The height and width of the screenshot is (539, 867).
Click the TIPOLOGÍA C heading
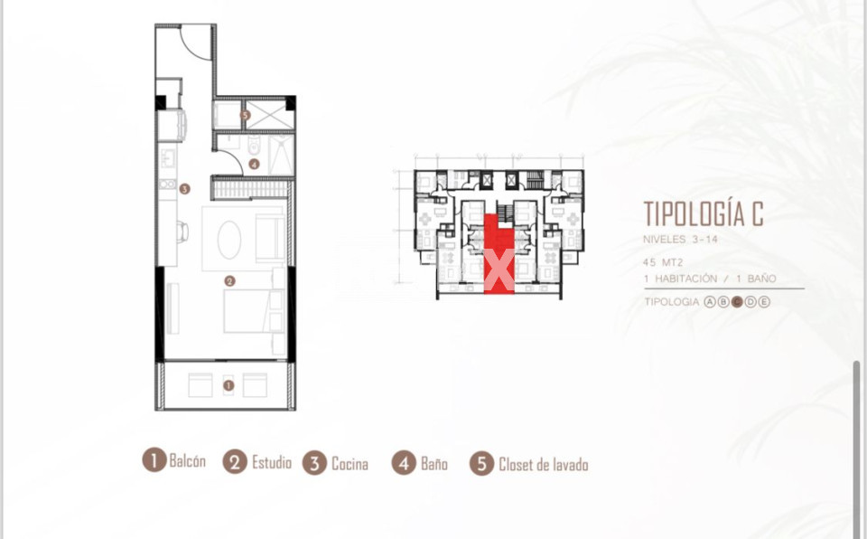pyautogui.click(x=704, y=213)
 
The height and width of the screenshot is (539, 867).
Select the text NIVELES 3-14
pyautogui.click(x=680, y=240)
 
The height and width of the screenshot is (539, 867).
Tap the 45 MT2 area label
pyautogui.click(x=662, y=262)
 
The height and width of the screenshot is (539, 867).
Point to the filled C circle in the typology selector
pyautogui.click(x=737, y=302)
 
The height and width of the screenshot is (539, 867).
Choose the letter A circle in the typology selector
pyautogui.click(x=710, y=302)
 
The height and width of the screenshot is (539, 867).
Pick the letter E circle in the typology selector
pyautogui.click(x=764, y=302)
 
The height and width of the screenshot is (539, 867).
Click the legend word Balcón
pyautogui.click(x=188, y=461)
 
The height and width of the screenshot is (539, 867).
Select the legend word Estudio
pyautogui.click(x=272, y=462)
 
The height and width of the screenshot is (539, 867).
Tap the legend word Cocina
pyautogui.click(x=350, y=464)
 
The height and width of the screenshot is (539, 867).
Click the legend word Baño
pyautogui.click(x=434, y=464)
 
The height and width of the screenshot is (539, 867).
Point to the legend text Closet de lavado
pyautogui.click(x=543, y=464)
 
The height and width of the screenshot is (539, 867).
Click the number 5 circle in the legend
pyautogui.click(x=481, y=464)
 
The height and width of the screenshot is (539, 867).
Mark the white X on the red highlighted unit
pyautogui.click(x=499, y=269)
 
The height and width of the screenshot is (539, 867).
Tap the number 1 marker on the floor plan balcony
pyautogui.click(x=228, y=385)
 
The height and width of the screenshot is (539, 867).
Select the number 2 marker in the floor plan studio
pyautogui.click(x=229, y=281)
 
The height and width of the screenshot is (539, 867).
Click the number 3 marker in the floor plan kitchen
pyautogui.click(x=184, y=189)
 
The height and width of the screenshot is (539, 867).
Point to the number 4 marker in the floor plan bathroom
pyautogui.click(x=254, y=164)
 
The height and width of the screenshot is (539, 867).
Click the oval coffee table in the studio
pyautogui.click(x=228, y=240)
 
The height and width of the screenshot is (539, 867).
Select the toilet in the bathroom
pyautogui.click(x=254, y=145)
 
